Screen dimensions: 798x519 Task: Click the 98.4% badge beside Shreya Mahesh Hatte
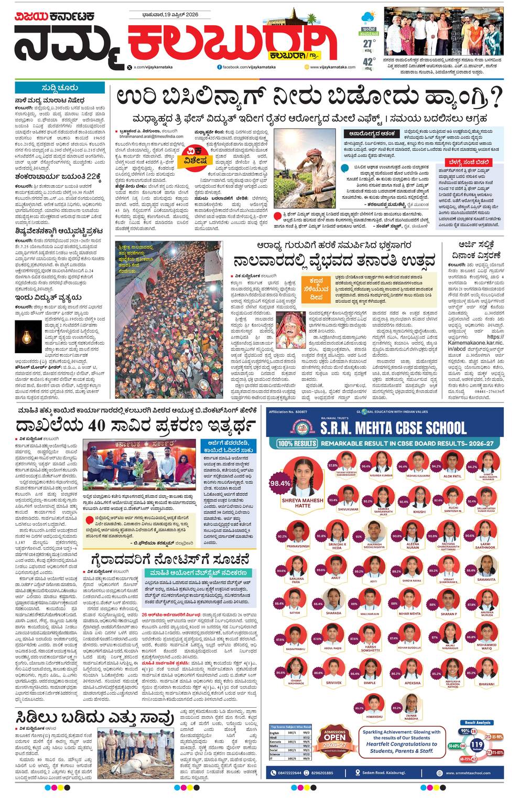280,483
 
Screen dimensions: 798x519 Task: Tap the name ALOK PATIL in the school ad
452,476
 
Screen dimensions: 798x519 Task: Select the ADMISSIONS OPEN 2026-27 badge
334,741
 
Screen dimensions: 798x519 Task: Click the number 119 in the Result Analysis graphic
477,744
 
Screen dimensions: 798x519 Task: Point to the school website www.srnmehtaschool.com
468,773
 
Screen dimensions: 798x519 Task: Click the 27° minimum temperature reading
369,44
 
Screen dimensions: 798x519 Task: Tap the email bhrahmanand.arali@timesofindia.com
151,136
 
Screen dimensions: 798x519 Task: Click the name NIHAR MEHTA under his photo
409,613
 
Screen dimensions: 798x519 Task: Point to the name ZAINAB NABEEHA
411,718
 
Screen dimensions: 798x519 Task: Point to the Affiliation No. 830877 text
287,412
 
